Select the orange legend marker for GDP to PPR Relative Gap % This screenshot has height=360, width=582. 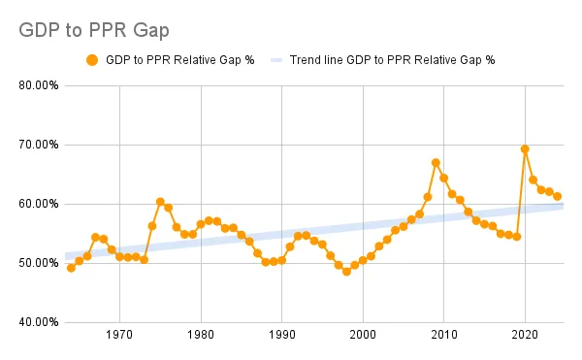click(x=92, y=60)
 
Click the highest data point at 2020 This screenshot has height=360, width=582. click(x=525, y=149)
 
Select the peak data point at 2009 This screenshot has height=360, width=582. click(x=436, y=163)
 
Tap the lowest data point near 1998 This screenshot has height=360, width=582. click(x=346, y=272)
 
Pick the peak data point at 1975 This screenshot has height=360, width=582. click(x=160, y=202)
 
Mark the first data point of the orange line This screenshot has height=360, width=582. click(x=71, y=268)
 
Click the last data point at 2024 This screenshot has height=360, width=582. click(x=558, y=196)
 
